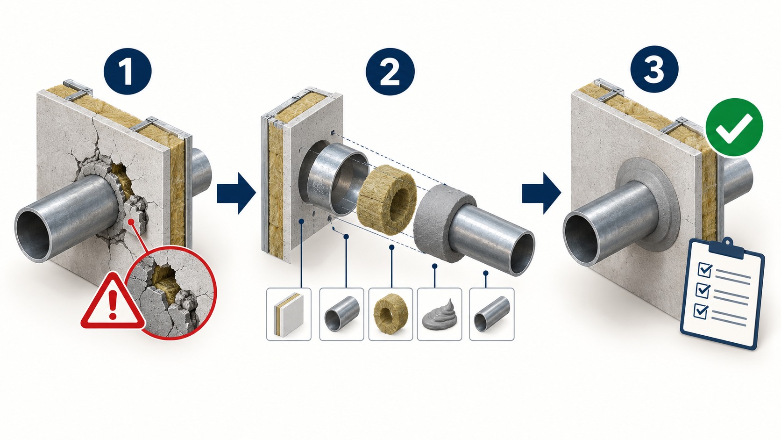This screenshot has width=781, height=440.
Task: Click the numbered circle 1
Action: tap(128, 71)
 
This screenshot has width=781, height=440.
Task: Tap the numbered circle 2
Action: tap(390, 71)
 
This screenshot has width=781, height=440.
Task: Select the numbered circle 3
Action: tap(654, 70)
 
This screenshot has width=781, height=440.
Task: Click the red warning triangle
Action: tap(112, 302)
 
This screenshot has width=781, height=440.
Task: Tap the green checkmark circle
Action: tap(734, 127)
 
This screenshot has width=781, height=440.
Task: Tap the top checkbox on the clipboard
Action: tap(705, 269)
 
